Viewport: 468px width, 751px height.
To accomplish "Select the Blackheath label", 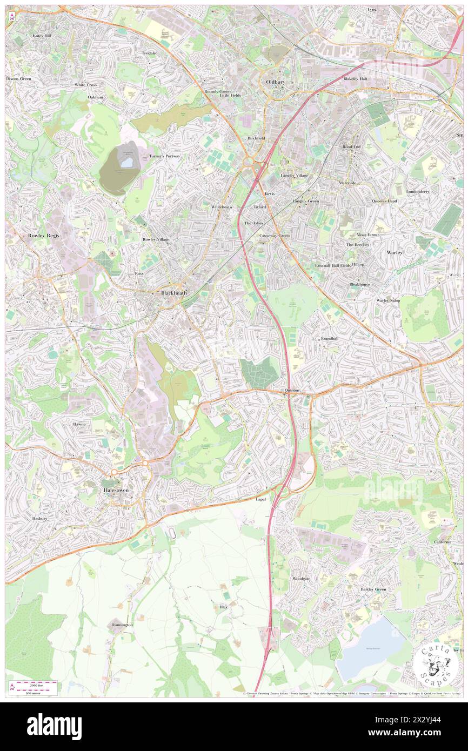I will click(x=175, y=293).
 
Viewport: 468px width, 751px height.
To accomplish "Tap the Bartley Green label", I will click(x=373, y=589).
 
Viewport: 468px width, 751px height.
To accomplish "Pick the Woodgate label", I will click(x=301, y=579).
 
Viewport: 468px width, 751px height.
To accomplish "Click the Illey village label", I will click(x=224, y=607).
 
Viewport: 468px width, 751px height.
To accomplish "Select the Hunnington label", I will click(x=122, y=625).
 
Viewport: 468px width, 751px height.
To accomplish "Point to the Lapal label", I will click(x=261, y=500).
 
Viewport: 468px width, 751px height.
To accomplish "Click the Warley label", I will click(x=396, y=252).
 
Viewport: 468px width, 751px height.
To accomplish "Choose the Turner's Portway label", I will click(x=164, y=156).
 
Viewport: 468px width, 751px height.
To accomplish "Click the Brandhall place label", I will click(x=329, y=339).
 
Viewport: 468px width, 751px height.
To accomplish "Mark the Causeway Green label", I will click(x=275, y=236).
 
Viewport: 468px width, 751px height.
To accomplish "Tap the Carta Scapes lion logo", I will click(x=432, y=665).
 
